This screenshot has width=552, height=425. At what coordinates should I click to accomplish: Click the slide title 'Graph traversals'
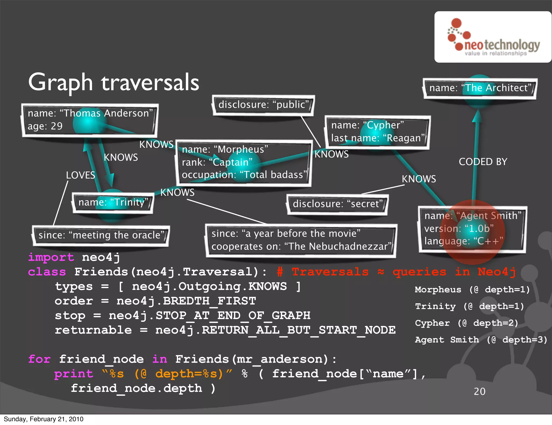(113, 83)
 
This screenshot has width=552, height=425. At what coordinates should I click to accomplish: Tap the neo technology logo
(493, 37)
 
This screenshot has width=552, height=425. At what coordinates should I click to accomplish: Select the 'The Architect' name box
(480, 88)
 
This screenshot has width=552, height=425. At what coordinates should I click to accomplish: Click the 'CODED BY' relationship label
(483, 162)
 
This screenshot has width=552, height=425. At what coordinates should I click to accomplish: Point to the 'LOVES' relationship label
(80, 175)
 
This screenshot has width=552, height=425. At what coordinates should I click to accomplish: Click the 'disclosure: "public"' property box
(263, 105)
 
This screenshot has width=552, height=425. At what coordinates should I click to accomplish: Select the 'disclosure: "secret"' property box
(337, 204)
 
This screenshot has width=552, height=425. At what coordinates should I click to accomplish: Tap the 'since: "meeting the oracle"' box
(101, 235)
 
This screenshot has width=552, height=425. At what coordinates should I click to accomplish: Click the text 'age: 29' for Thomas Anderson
(45, 126)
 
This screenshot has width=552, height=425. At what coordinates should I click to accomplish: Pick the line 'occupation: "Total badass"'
(244, 175)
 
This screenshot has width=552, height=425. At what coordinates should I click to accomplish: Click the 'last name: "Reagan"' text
(378, 138)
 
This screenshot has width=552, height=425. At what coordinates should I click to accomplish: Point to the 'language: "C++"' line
(464, 241)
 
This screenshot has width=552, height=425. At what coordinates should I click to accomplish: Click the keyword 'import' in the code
(51, 257)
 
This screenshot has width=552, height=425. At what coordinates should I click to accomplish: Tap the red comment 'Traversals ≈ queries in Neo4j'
(403, 272)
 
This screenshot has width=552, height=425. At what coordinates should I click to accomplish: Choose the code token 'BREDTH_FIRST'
(209, 301)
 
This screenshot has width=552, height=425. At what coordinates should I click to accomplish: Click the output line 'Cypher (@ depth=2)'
(467, 323)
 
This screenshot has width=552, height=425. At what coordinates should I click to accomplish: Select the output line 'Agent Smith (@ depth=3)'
(481, 340)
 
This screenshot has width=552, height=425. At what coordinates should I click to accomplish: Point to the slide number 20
(479, 392)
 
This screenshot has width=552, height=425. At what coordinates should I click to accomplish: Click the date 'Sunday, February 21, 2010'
(43, 419)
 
